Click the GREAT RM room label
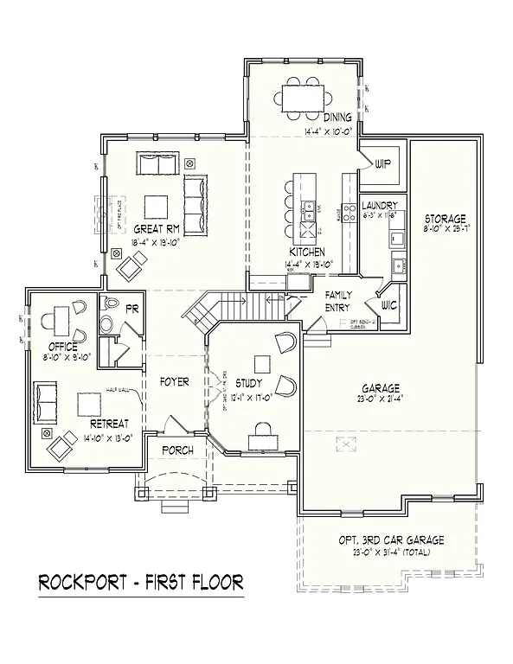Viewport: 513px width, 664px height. [x=156, y=229]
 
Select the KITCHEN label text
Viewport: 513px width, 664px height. [x=307, y=252]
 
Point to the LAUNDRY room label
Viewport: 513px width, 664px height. [x=379, y=206]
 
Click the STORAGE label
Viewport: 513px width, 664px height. [x=445, y=218]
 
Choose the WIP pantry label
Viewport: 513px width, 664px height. [x=382, y=163]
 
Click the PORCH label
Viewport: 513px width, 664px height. [x=176, y=450]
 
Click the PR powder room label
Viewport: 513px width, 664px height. [x=133, y=309]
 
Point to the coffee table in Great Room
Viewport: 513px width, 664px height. [x=156, y=206]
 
